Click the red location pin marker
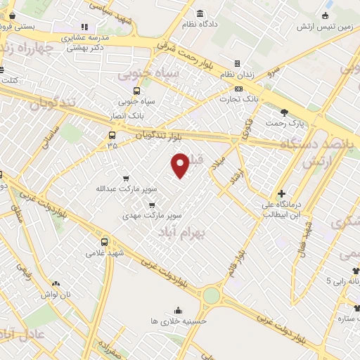coord(181,165)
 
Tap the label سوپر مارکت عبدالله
coord(127,189)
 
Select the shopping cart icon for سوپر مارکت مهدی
coord(152,205)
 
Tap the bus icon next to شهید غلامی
coord(104,241)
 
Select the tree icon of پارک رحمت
coord(284,112)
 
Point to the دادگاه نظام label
coord(201,25)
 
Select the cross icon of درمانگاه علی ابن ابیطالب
coord(281,193)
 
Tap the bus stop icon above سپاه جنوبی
coord(136,91)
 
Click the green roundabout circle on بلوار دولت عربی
coord(211,295)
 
